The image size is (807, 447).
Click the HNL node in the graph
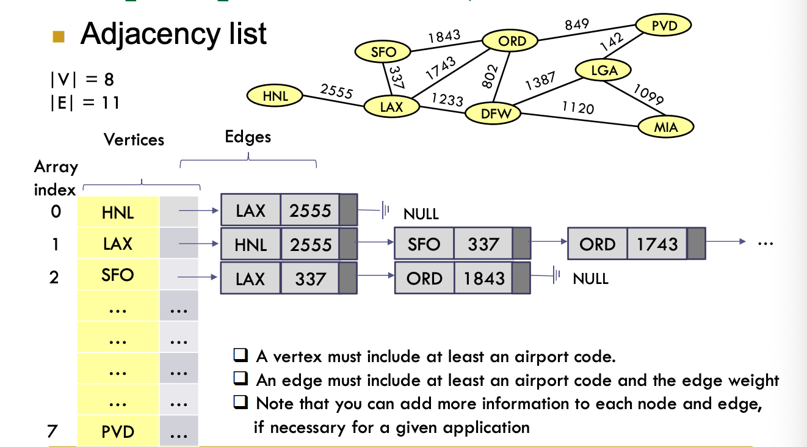pos(275,95)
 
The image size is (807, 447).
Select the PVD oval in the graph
pos(664,26)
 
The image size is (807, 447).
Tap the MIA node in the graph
pos(666,127)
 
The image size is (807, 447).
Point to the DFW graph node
pos(493,114)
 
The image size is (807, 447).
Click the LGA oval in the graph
pos(604,70)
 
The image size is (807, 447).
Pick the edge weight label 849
pos(576,24)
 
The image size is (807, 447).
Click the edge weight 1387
pos(540,81)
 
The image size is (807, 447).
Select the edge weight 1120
pos(577,108)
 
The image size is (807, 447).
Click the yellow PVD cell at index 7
pos(118,432)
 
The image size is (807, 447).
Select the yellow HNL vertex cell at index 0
pos(118,213)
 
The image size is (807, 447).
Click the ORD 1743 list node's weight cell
pos(657,244)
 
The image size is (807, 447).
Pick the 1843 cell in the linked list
pos(483,278)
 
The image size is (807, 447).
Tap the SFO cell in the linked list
pos(424,244)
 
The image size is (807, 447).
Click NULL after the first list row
pos(421,214)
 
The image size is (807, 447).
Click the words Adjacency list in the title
pos(173,34)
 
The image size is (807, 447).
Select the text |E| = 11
pos(85,103)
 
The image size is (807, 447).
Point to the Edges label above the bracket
pos(248,137)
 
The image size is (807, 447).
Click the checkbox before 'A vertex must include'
pos(241,355)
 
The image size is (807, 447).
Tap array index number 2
pos(54,277)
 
